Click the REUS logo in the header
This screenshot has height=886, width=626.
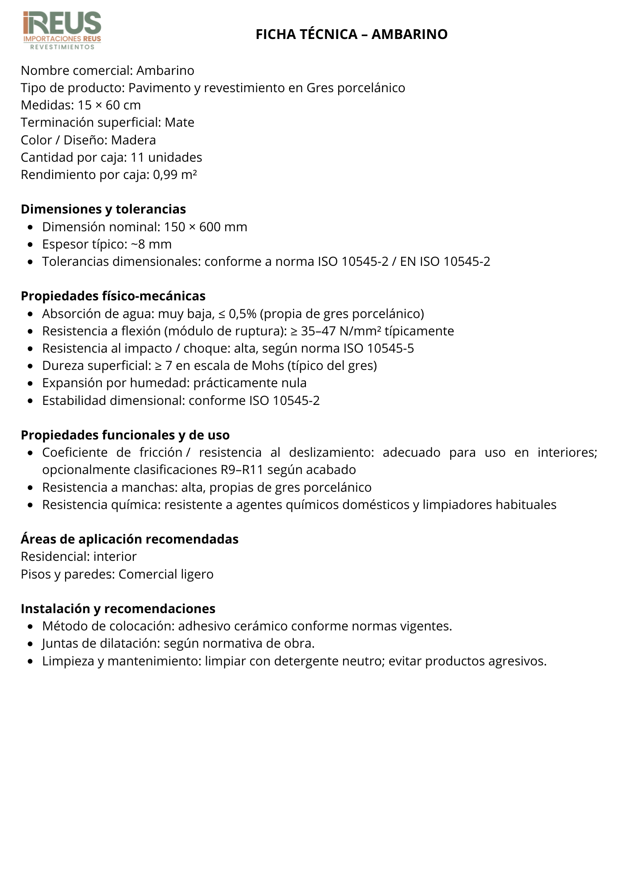62,30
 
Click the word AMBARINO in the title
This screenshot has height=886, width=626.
410,34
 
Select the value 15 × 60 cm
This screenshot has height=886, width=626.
109,105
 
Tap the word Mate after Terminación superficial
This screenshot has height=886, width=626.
179,123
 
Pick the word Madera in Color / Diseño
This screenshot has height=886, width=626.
133,140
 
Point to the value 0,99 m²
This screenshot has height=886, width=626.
175,175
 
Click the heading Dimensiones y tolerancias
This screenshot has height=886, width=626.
103,209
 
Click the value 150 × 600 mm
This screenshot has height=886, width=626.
205,227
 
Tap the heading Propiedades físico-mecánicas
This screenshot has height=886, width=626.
113,296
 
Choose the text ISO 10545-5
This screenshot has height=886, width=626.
379,349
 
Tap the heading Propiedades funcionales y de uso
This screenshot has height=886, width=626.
125,435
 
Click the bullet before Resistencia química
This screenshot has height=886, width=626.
30,505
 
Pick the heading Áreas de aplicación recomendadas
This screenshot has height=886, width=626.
129,539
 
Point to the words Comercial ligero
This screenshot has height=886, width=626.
166,574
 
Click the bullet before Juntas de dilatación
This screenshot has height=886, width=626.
30,644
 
